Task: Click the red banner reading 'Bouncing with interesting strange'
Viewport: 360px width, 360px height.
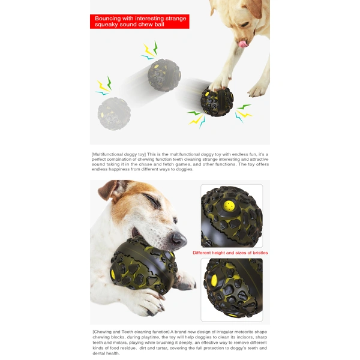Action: (140, 22)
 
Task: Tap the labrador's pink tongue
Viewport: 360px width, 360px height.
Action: (243, 44)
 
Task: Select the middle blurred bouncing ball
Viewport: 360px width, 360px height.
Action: (164, 75)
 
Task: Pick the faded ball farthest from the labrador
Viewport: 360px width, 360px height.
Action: (114, 113)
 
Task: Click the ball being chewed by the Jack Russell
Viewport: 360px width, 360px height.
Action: (143, 266)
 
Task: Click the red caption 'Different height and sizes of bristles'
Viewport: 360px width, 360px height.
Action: (230, 253)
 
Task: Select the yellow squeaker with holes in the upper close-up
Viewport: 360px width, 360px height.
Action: (229, 206)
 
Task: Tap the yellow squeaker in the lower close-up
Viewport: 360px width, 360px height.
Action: (214, 280)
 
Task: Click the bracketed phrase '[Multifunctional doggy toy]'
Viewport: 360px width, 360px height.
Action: (119, 154)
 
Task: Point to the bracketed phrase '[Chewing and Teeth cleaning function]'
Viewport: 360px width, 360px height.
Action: (131, 332)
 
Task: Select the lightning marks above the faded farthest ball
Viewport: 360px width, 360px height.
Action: (104, 86)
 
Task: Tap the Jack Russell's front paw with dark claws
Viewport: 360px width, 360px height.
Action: (149, 303)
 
